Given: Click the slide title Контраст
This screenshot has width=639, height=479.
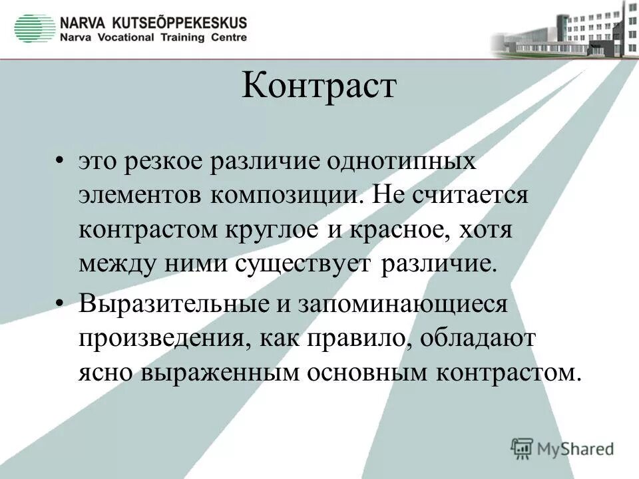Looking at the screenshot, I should point(318,86).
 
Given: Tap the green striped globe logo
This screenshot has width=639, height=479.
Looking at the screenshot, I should point(35,28).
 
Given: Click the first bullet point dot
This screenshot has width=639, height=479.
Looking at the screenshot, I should point(61,162).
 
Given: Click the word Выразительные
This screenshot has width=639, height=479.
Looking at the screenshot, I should point(170,304).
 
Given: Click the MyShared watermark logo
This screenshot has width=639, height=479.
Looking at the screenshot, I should point(562,448).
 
